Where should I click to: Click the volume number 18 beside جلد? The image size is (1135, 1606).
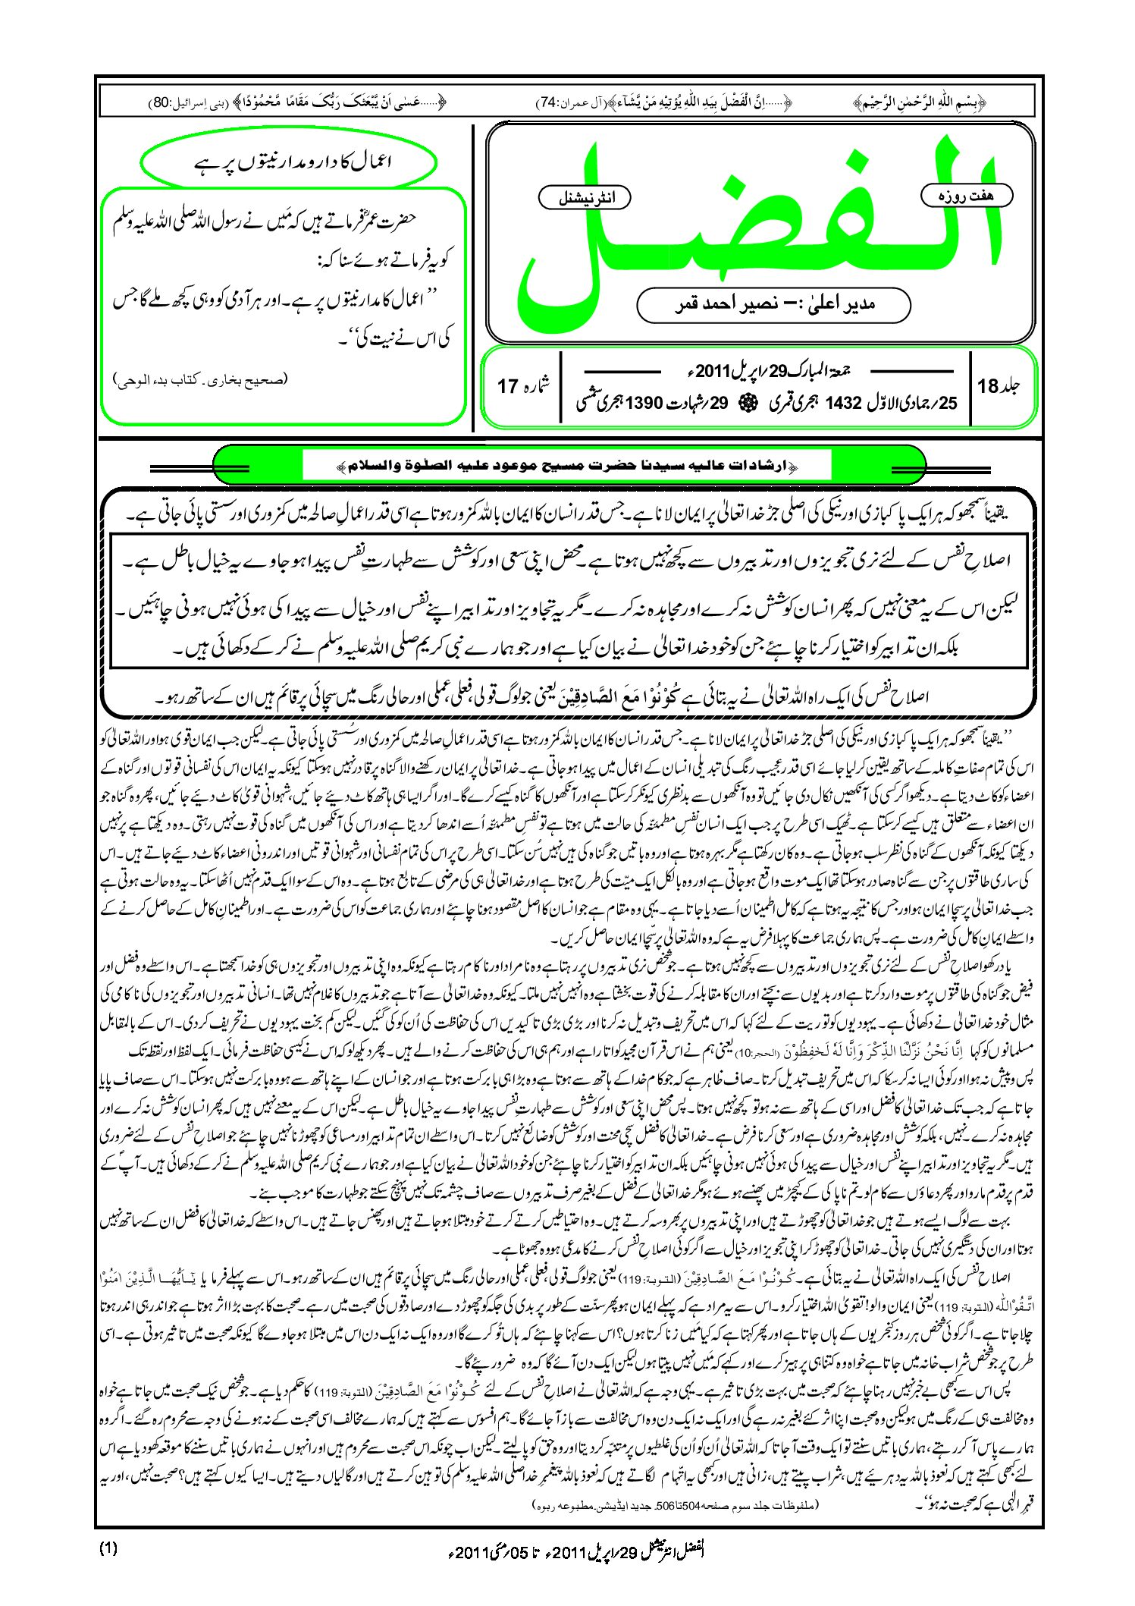988,387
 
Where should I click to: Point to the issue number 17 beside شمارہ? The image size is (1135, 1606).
507,387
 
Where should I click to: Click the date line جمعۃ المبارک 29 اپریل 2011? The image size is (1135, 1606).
766,372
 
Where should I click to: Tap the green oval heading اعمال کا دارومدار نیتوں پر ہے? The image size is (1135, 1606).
289,162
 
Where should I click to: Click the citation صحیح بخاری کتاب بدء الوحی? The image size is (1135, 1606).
201,379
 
